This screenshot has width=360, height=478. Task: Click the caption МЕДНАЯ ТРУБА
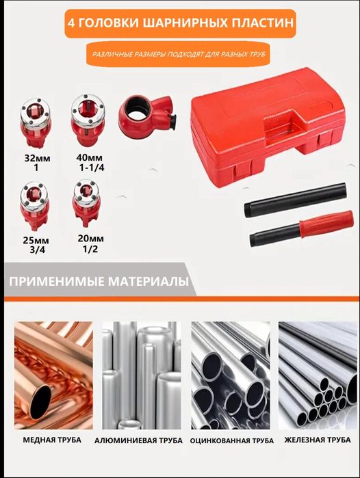point(52,440)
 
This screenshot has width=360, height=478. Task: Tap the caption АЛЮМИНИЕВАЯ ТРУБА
point(138,441)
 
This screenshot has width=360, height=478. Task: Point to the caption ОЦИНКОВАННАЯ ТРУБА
point(228,440)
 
